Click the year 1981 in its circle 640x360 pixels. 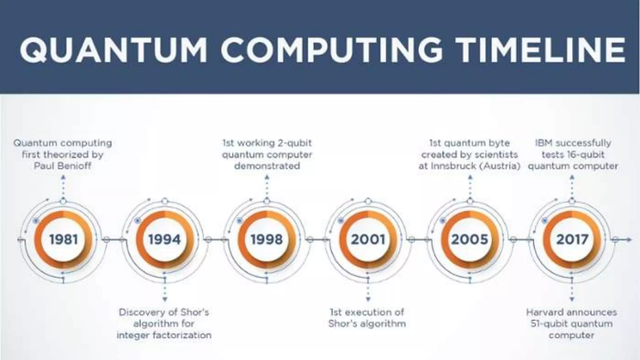point(63,240)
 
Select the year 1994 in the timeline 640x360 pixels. point(165,240)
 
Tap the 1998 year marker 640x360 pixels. point(267,240)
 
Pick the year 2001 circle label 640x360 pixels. point(368,240)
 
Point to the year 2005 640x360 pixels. point(470,240)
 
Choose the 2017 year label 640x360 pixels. point(572,240)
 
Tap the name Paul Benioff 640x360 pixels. point(62,166)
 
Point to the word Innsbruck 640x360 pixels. point(454,166)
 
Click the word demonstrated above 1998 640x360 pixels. point(267,166)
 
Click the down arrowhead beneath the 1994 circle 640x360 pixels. point(165,299)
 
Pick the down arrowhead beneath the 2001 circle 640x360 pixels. point(368,299)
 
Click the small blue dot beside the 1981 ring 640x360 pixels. point(36,221)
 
